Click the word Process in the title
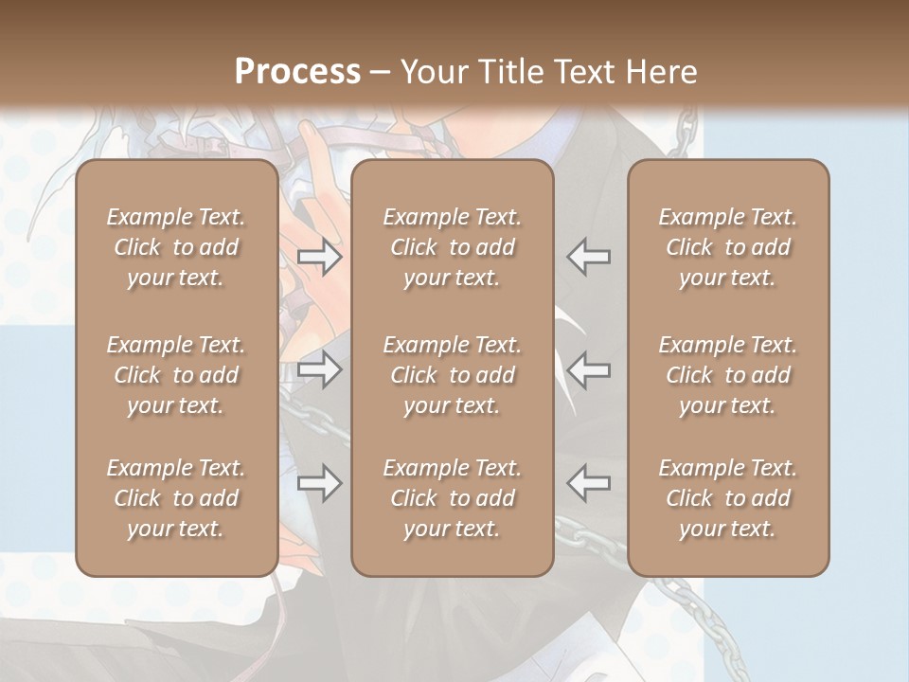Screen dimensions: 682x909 (x=297, y=71)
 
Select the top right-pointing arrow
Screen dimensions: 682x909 (x=319, y=257)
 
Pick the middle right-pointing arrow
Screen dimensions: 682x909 (x=319, y=369)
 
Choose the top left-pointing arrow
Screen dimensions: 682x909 (x=588, y=257)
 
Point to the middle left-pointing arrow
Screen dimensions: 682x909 (x=588, y=369)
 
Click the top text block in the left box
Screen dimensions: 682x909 (x=176, y=247)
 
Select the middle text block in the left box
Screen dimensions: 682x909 (x=176, y=375)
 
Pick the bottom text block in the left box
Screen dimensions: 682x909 (x=176, y=498)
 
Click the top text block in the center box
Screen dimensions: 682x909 (x=452, y=247)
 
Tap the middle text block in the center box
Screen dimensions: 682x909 (x=452, y=375)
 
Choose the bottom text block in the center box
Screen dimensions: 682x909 (x=452, y=498)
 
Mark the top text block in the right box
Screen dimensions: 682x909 (x=727, y=247)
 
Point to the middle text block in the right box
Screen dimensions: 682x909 (x=727, y=375)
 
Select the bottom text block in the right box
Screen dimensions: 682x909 (x=727, y=498)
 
